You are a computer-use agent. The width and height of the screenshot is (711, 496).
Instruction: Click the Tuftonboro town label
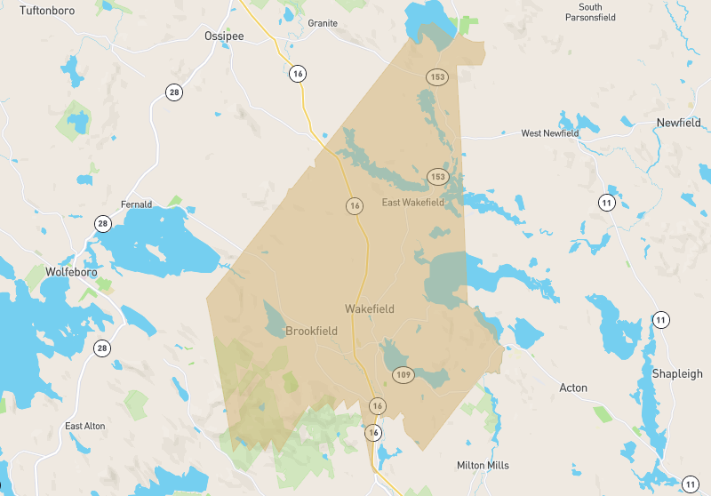coord(47,10)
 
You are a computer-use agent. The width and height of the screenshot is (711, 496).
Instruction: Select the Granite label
coord(323,23)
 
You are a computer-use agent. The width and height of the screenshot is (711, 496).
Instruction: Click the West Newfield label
coord(549,133)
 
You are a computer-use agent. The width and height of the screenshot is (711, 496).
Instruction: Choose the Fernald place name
coord(137,204)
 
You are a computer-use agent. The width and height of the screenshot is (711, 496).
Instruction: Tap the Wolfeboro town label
coord(70,272)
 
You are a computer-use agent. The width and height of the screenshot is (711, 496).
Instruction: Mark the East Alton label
coord(85,426)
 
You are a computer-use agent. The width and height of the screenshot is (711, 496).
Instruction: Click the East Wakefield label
coord(412,203)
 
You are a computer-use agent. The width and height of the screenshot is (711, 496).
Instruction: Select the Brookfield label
coord(311,331)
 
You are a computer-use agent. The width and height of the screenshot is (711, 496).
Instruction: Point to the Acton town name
coord(573,388)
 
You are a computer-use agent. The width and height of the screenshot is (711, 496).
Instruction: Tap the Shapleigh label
coord(677,374)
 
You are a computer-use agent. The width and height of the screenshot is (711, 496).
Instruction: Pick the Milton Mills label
coord(483,465)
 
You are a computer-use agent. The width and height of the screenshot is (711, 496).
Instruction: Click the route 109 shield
coord(403,373)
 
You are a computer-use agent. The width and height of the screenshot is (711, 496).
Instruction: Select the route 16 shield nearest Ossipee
coord(297,73)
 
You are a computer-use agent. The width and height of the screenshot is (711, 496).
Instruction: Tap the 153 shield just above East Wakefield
coord(436,177)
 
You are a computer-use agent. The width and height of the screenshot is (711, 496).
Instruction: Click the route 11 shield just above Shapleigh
coord(660,320)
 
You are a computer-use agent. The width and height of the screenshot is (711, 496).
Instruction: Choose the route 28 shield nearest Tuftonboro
coord(173,92)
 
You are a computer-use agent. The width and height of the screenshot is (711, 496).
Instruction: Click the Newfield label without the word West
coord(678,123)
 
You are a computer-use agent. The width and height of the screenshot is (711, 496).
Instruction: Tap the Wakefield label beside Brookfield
coord(370,309)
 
